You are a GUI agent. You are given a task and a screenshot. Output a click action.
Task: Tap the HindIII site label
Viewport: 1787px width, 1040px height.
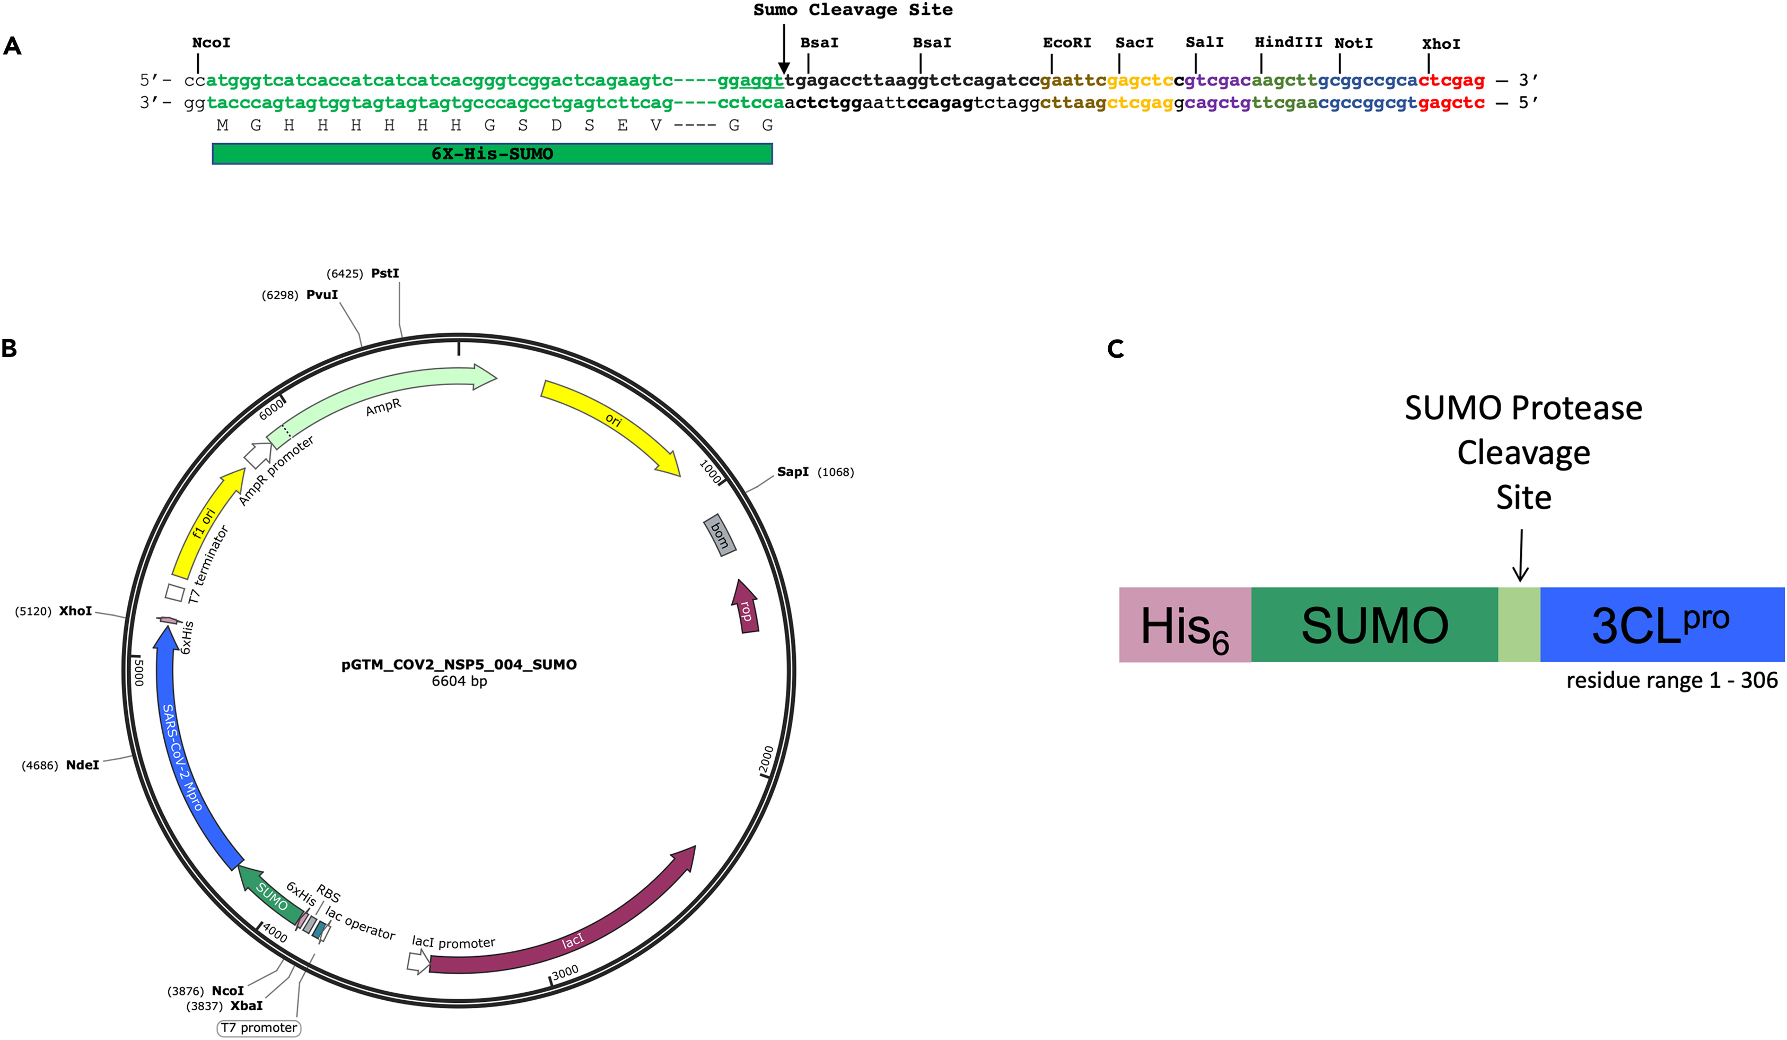point(1288,42)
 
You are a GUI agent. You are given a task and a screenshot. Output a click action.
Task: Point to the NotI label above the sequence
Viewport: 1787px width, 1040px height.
point(1353,44)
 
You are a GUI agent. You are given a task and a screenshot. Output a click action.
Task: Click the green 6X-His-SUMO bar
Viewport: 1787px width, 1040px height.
point(492,154)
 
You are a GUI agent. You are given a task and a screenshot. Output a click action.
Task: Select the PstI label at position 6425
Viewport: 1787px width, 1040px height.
point(384,274)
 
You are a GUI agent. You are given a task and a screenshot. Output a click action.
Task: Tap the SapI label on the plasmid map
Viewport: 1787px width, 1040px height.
point(792,472)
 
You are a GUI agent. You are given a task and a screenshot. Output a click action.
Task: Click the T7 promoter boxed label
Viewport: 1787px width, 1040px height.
point(259,1028)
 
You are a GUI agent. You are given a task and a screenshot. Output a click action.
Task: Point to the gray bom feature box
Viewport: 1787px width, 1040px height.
point(720,535)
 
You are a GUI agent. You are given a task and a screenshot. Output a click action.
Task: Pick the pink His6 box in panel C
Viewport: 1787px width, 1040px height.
point(1184,625)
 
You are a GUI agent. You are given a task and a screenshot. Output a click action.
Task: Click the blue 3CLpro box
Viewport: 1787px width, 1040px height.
point(1661,625)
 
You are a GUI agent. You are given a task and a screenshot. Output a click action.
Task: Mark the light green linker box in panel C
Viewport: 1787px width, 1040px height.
point(1518,625)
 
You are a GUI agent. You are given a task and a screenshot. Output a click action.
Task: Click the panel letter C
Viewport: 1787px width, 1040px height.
point(1116,349)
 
